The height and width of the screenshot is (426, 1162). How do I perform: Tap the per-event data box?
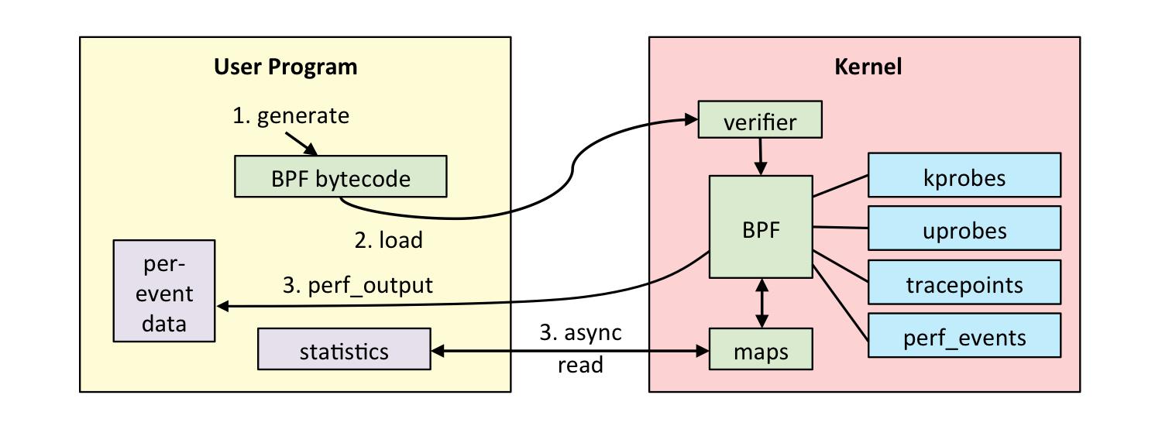pos(164,290)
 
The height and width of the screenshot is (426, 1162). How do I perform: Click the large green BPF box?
pos(761,227)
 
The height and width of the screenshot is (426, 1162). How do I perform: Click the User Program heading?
pos(286,67)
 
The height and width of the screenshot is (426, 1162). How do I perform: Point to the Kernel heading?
pos(868,67)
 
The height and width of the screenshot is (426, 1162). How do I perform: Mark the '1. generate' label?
pos(291,116)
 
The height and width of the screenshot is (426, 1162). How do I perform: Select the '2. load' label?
pos(389,240)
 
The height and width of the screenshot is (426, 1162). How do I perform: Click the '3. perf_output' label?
pos(357,285)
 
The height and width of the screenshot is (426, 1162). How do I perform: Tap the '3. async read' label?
pos(580,348)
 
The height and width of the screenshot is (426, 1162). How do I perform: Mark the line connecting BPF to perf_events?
pos(840,302)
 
